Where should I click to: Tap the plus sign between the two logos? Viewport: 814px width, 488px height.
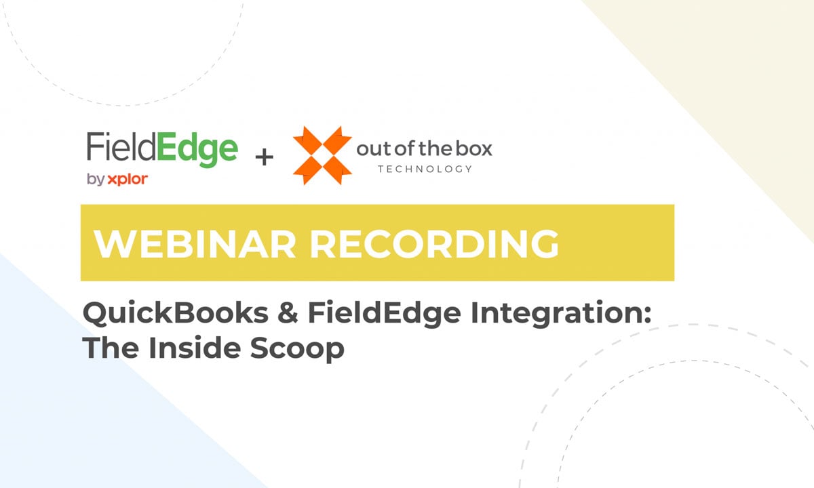pos(264,158)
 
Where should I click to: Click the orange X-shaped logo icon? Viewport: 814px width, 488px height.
pos(322,154)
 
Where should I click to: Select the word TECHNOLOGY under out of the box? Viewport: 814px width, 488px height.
pos(425,168)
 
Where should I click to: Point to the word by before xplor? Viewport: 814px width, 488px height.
pos(94,180)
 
